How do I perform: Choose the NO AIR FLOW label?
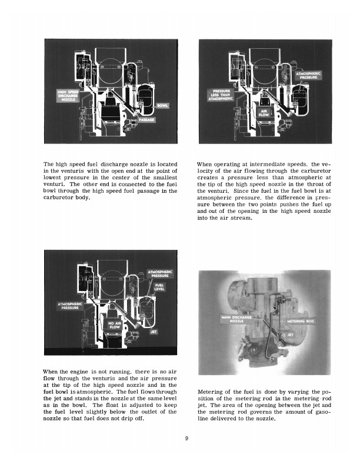tap(114, 325)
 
